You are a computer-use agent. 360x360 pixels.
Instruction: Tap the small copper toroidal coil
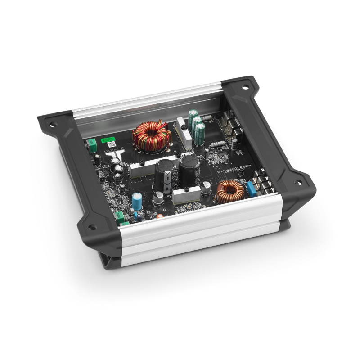coord(231,191)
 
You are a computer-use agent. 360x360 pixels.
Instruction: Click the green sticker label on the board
coord(108,140)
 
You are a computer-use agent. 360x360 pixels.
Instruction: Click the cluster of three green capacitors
coord(197,126)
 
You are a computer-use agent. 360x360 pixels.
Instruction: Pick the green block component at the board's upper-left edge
coord(92,146)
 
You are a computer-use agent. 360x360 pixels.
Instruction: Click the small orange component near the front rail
coord(160,216)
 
